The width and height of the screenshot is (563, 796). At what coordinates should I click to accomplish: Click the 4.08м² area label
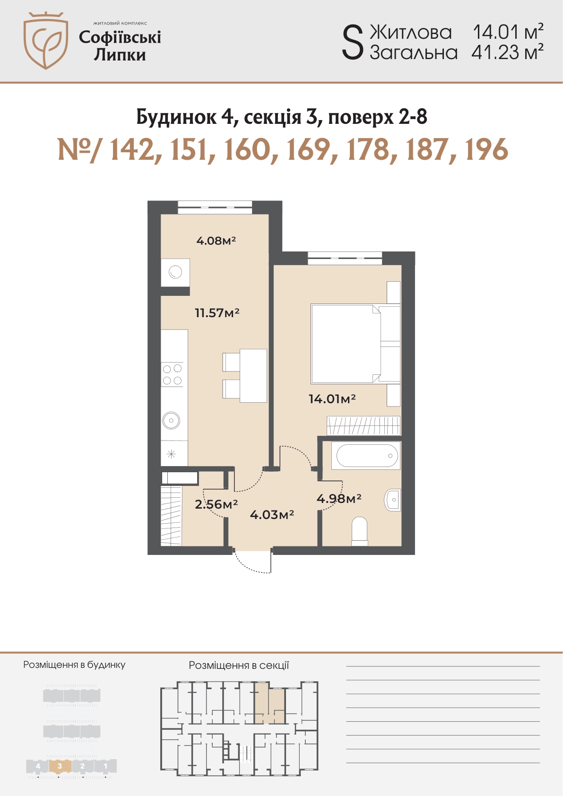click(x=216, y=241)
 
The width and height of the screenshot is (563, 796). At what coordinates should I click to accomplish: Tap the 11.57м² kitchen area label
click(x=217, y=313)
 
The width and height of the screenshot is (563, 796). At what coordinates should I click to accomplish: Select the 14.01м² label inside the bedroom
click(x=332, y=399)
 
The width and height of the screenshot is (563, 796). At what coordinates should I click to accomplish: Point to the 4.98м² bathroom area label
click(x=339, y=499)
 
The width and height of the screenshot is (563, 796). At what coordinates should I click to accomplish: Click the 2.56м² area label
click(x=216, y=504)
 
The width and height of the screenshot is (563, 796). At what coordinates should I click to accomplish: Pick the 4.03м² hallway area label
click(x=272, y=515)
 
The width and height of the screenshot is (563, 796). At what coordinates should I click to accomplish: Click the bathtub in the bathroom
click(x=366, y=456)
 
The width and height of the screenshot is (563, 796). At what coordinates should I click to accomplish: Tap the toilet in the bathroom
click(x=359, y=532)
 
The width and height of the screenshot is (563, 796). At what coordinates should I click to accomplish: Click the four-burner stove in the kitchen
click(x=173, y=375)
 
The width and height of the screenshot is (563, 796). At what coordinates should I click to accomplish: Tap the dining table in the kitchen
click(x=253, y=376)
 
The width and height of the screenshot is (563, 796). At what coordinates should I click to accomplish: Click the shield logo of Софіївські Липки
click(x=46, y=40)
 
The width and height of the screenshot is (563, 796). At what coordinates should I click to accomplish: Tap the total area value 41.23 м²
click(x=507, y=52)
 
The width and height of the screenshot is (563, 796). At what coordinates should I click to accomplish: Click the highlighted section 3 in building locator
click(x=60, y=766)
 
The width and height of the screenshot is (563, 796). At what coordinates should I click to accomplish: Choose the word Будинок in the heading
click(x=177, y=117)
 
